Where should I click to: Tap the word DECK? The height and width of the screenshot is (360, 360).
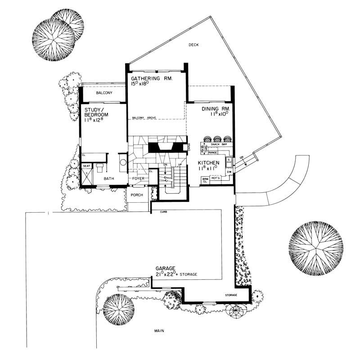coord(193,45)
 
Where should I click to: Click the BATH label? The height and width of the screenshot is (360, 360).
coord(109,179)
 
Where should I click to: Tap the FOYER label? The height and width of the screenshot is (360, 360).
coord(138,179)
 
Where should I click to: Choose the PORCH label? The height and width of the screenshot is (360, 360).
coord(137,195)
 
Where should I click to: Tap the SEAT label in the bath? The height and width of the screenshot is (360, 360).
coord(87,166)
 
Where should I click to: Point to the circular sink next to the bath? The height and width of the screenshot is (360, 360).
coord(122,163)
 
